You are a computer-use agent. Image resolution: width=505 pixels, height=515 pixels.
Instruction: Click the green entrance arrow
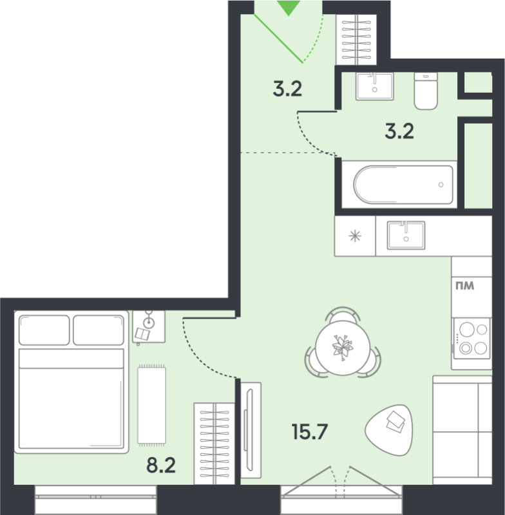289,7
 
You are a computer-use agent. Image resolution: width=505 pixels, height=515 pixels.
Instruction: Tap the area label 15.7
309,431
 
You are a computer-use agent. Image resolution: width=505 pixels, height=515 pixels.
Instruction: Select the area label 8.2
161,465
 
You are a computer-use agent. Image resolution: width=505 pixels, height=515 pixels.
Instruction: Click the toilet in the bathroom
426,91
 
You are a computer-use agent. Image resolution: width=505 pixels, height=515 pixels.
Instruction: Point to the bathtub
403,185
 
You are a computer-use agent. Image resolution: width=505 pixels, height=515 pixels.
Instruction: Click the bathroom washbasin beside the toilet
374,86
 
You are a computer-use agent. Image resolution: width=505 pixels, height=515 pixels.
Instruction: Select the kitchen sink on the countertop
406,235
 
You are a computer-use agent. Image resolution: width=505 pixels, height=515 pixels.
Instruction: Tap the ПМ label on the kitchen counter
464,286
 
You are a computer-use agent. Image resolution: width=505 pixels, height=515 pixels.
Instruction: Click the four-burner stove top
472,339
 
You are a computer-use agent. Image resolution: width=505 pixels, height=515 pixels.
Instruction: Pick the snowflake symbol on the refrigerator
355,236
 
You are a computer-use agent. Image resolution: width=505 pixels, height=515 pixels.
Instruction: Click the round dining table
343,348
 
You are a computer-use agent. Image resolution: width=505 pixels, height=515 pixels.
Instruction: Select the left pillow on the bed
44,330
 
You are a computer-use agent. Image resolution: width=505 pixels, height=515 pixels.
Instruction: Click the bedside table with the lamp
149,327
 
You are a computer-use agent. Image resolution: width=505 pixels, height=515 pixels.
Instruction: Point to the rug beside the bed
151,405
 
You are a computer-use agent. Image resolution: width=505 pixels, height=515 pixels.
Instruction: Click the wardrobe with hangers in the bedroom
214,444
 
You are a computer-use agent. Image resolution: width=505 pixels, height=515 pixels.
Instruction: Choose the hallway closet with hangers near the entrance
356,39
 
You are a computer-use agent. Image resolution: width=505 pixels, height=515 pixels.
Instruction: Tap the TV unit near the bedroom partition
251,430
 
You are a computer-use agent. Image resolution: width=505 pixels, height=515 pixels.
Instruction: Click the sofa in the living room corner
462,430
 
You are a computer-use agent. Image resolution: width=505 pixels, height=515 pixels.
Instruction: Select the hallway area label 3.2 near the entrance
287,89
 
